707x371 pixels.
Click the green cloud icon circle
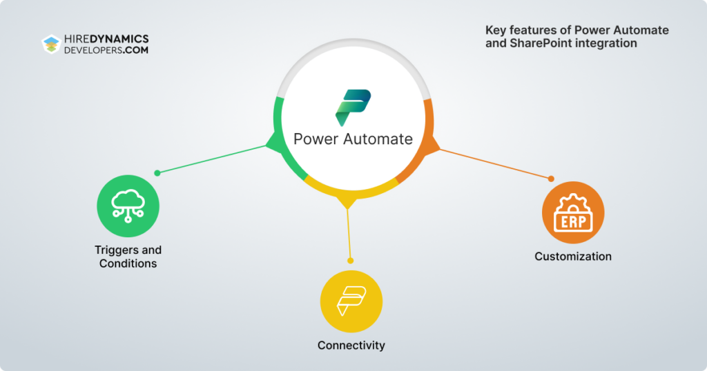[128, 205]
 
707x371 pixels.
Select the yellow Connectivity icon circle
[351, 301]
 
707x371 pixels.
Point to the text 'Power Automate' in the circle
[353, 139]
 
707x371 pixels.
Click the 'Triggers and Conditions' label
[128, 257]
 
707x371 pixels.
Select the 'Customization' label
[573, 257]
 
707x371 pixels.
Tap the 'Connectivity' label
[351, 345]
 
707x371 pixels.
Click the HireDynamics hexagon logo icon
[51, 45]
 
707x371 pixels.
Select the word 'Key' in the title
[494, 30]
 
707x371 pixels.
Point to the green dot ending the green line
[157, 173]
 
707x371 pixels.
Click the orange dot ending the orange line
[551, 179]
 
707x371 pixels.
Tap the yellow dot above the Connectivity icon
[351, 261]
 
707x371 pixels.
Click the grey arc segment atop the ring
[353, 59]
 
